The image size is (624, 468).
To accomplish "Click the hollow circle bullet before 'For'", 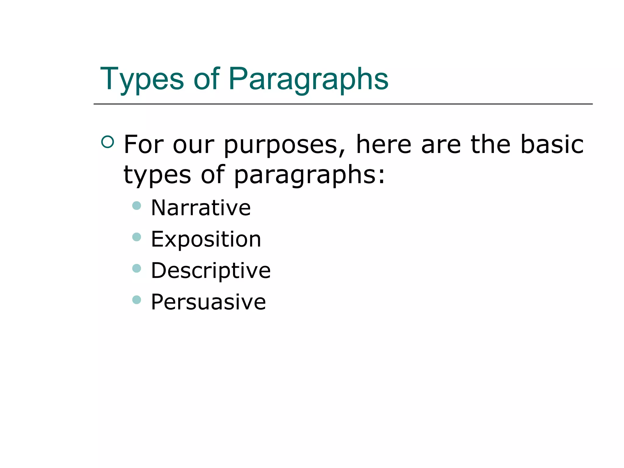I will pos(108,142).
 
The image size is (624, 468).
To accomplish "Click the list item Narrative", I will pos(201,208).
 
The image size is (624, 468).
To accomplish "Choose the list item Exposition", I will pos(206,239).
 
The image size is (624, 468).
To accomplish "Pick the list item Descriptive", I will pos(211,271).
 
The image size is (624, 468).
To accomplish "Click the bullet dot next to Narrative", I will pos(137,206).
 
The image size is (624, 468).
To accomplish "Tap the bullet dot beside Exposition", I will pos(137,237).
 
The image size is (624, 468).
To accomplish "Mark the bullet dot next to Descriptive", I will pos(137,268).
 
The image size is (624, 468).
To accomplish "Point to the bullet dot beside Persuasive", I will pos(137,300).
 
